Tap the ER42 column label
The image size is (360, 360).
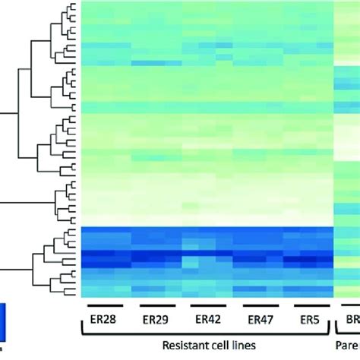click(x=207, y=320)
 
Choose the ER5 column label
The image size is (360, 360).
click(x=306, y=320)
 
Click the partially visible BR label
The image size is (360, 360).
click(x=352, y=320)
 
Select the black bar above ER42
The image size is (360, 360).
click(x=207, y=306)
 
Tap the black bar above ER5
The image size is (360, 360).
click(x=306, y=306)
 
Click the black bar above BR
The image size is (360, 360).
click(x=352, y=306)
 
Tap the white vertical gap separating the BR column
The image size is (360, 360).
click(x=335, y=152)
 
